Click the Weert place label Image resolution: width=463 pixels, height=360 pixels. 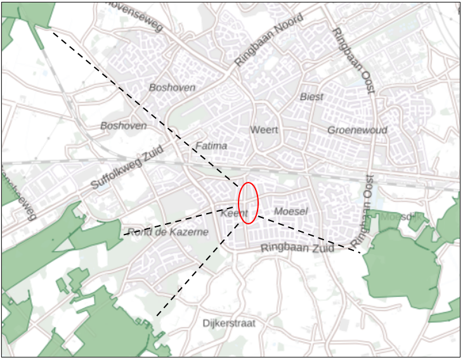(x=264, y=130)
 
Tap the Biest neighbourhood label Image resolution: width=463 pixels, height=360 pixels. (x=311, y=97)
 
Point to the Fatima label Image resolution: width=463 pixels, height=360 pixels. (x=211, y=146)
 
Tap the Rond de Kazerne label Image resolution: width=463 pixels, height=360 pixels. (x=167, y=232)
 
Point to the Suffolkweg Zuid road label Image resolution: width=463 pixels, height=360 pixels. (x=127, y=167)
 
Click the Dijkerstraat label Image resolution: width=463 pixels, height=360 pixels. (x=229, y=323)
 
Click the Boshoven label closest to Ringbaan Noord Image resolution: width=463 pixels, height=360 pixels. (x=172, y=87)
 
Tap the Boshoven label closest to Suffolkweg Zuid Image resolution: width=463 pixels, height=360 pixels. (x=123, y=125)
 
